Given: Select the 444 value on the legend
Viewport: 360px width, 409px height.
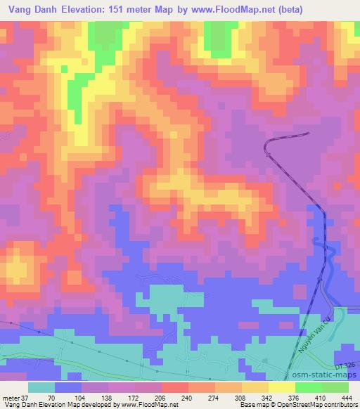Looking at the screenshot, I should tap(346, 398).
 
